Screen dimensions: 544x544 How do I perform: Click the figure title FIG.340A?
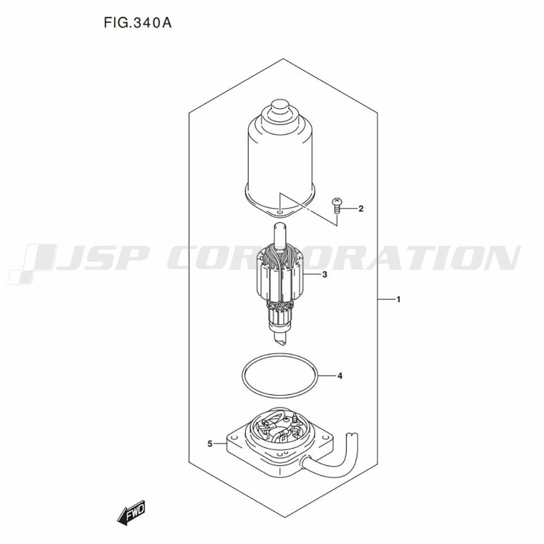[138, 23]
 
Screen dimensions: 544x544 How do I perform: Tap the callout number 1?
[399, 299]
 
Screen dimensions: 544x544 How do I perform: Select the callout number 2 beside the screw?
[361, 208]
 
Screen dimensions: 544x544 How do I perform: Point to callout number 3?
[324, 274]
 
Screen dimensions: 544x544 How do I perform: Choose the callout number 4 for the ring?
[340, 376]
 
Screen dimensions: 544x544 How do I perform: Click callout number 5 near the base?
[209, 443]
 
